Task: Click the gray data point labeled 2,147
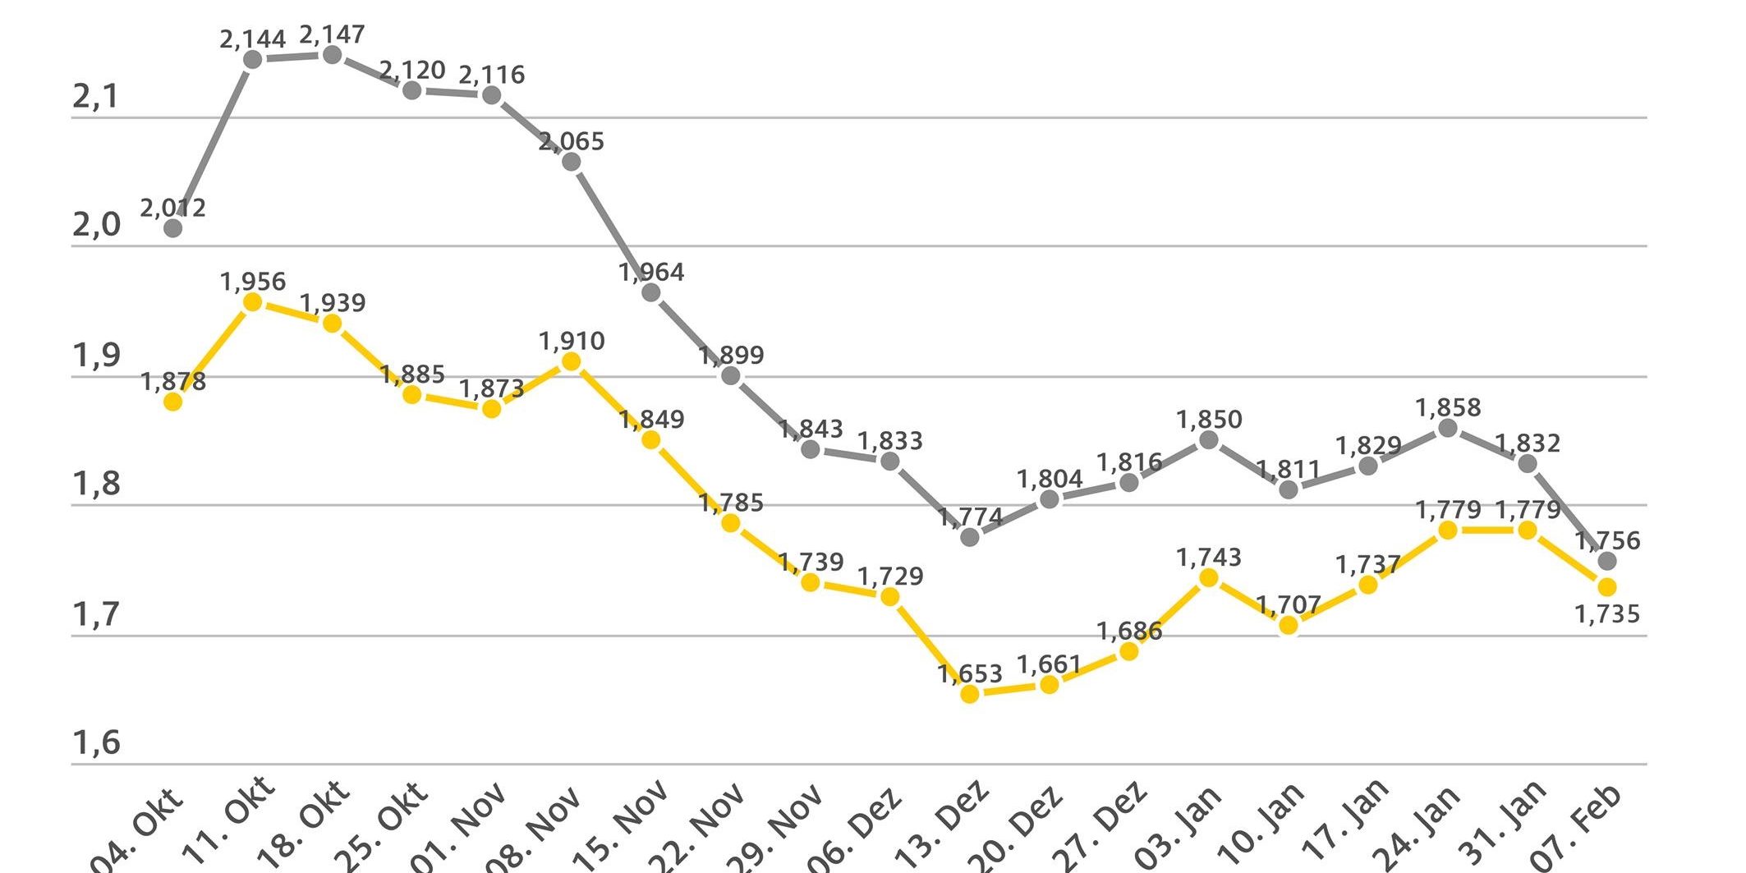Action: [x=332, y=55]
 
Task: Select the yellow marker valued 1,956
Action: [x=253, y=302]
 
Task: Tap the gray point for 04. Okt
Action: [x=172, y=228]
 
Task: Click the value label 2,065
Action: [x=572, y=141]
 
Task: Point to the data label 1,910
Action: [x=572, y=341]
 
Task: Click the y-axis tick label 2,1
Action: [x=96, y=98]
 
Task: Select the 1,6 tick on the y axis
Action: [x=96, y=742]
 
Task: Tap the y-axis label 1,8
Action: [x=96, y=485]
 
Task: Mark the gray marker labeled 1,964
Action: [x=650, y=292]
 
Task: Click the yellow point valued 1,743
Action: [x=1209, y=578]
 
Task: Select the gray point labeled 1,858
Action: [x=1448, y=428]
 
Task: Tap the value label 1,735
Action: [x=1607, y=614]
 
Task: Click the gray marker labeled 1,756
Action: [x=1607, y=562]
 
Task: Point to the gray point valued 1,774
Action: [x=970, y=537]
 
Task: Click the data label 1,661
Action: [x=1050, y=664]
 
